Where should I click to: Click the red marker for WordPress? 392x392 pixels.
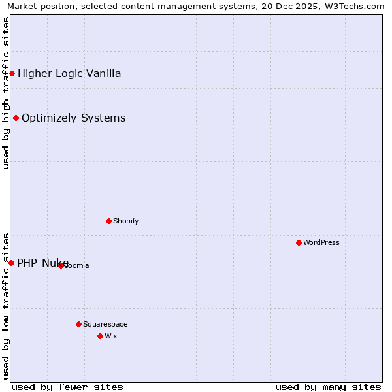299,242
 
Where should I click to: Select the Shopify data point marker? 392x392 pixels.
108,221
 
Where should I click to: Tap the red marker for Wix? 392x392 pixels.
100,336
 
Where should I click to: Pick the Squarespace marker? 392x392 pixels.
78,324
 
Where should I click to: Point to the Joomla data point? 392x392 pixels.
61,265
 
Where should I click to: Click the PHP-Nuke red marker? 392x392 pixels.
11,263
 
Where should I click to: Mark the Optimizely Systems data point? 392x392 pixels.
16,118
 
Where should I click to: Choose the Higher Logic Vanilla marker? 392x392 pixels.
12,73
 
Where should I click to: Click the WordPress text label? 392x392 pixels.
321,242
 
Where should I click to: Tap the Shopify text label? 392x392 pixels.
126,221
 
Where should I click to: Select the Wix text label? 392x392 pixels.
110,336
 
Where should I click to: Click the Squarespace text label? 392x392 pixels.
105,324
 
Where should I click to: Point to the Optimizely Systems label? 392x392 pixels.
73,118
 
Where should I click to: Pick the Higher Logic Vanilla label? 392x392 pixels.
69,73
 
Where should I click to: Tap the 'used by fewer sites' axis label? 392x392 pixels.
67,387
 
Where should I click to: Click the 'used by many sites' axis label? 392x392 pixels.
328,387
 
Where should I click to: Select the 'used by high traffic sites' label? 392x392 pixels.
6,93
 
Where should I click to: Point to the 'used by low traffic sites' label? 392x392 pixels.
6,306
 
